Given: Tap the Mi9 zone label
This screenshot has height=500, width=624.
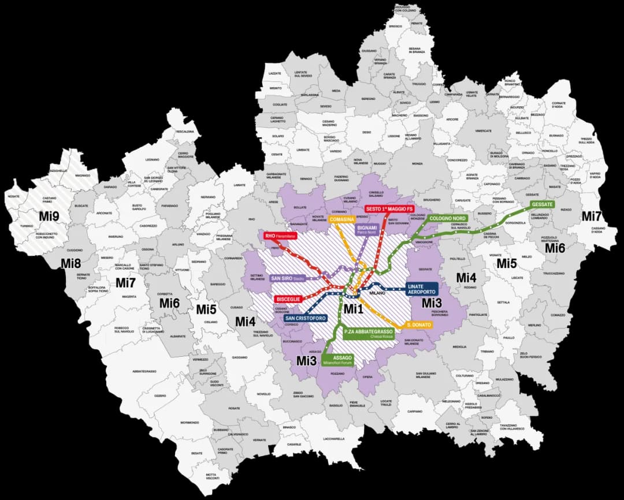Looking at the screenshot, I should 49,215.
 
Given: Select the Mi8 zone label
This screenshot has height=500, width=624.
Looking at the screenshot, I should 71,264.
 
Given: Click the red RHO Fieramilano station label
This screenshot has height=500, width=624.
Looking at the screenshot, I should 280,236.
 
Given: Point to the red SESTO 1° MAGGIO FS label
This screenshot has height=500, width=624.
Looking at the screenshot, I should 389,208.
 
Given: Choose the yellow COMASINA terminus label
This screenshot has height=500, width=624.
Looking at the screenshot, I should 341,219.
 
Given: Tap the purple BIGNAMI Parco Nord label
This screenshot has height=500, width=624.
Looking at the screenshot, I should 367,229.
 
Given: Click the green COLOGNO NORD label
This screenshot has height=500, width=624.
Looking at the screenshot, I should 447,218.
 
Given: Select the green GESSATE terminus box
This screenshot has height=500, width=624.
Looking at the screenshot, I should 543,204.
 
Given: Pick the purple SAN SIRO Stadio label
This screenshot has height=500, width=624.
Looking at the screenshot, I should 288,278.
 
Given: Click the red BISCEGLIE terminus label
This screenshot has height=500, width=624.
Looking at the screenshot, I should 288,299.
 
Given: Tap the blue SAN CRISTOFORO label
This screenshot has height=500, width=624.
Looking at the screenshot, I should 306,318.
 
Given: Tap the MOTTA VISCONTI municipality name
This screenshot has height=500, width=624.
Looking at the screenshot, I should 214,476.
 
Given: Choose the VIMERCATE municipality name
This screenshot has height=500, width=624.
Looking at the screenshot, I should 483,131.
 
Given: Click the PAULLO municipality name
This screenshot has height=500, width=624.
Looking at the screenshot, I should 508,338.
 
